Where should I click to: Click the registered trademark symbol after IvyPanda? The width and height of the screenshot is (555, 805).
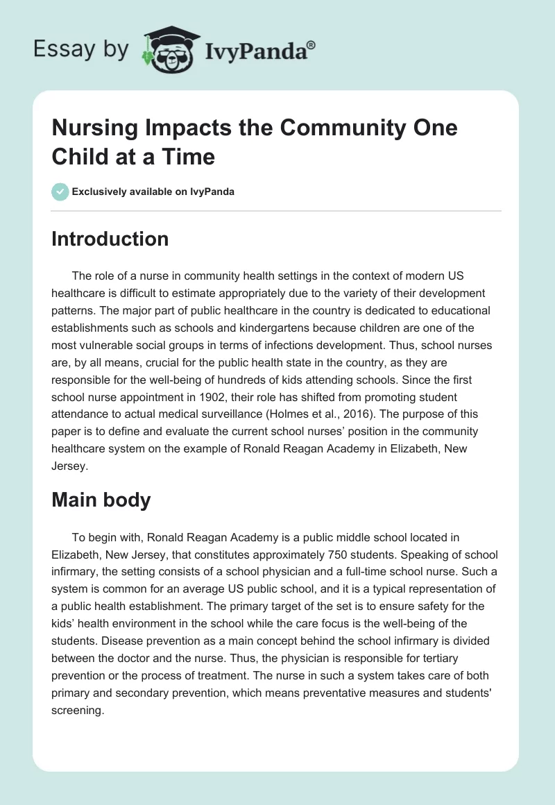[311, 44]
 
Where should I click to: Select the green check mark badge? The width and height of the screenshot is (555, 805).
[60, 192]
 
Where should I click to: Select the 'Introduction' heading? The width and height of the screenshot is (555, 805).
[110, 239]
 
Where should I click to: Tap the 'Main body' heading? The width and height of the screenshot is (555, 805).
[101, 500]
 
